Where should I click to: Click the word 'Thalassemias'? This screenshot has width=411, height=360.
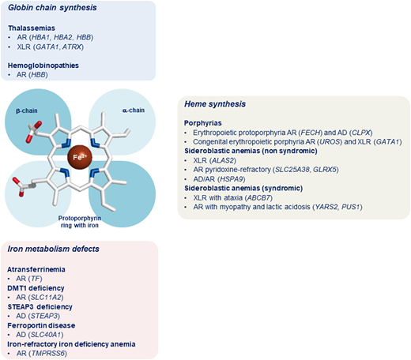point(29,27)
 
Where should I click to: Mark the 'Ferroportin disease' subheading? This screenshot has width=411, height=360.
point(42,324)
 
